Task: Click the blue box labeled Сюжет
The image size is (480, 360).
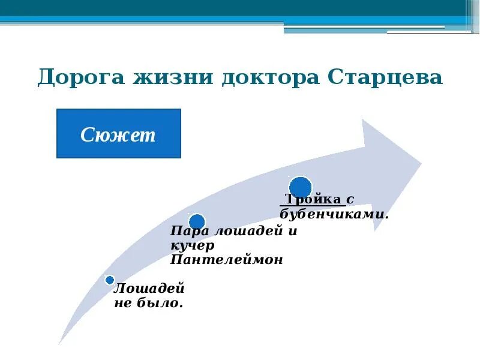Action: pos(118,134)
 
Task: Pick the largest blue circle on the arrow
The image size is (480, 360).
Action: pos(300,187)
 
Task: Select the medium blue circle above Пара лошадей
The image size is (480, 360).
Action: pos(197,222)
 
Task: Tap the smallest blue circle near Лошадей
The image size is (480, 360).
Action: pos(110,280)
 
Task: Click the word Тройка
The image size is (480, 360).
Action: pos(313,200)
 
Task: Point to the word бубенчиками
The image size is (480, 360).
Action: pos(334,214)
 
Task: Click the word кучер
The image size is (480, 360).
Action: pos(192,246)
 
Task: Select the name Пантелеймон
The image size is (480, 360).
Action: pos(226,260)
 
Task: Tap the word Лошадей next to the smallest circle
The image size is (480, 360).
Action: pos(149,289)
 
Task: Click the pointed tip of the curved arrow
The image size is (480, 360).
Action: pos(420,162)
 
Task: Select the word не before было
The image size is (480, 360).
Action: pos(122,304)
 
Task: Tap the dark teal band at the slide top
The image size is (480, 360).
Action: pos(240,8)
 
